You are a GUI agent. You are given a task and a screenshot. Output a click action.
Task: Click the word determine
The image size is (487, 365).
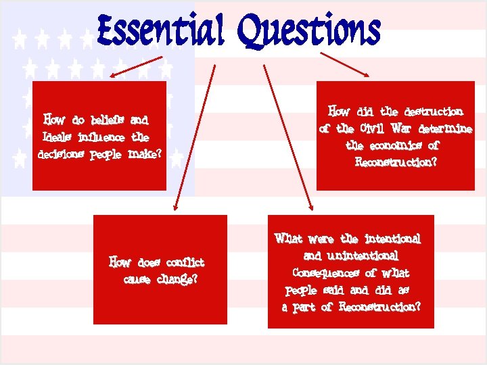pyautogui.click(x=442, y=128)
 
